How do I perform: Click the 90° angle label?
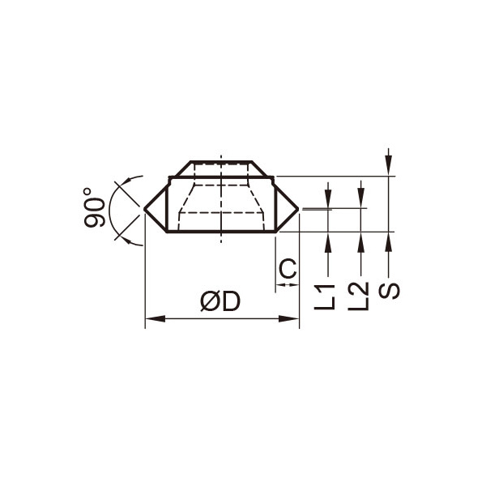pos(94,207)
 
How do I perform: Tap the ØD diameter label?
pos(220,301)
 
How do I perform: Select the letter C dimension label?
pos(288,269)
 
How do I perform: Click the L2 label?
pos(358,296)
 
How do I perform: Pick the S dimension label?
pos(390,291)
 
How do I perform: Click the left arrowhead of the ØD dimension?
pos(156,318)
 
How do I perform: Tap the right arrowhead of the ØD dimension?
pos(289,318)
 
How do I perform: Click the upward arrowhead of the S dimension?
pos(389,242)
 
